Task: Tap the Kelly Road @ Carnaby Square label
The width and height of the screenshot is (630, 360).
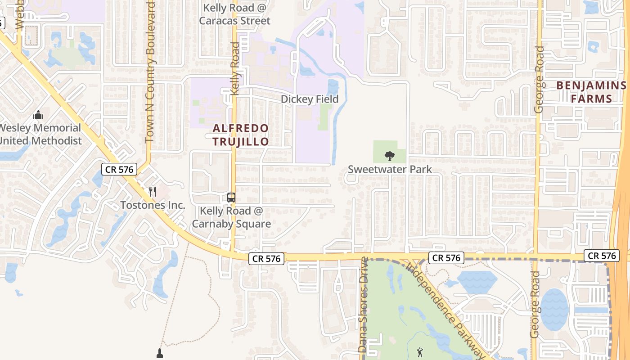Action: click(x=231, y=217)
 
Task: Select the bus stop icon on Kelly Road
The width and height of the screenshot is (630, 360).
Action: click(x=231, y=197)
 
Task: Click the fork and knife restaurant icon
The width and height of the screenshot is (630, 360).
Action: click(x=153, y=192)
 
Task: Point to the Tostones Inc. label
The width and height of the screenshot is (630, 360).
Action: click(x=153, y=205)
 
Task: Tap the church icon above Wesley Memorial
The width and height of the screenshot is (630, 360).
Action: click(x=39, y=115)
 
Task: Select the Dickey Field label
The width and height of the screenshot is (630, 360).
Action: click(x=310, y=99)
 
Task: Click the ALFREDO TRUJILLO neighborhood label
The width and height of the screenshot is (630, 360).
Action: click(x=240, y=135)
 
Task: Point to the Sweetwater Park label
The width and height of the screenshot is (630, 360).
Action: click(x=390, y=169)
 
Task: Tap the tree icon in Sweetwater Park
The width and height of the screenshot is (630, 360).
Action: click(x=390, y=156)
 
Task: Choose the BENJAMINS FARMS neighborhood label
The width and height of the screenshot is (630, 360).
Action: click(x=591, y=92)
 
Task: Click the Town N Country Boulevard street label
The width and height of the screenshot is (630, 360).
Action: click(x=150, y=72)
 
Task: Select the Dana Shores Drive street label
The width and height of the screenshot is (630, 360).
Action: click(x=363, y=305)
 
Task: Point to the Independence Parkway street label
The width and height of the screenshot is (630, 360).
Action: click(x=445, y=310)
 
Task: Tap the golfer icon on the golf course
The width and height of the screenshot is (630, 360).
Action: click(x=420, y=352)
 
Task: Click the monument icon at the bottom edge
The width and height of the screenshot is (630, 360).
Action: click(x=159, y=353)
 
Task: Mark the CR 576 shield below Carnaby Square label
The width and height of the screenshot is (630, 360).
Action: click(x=266, y=258)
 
